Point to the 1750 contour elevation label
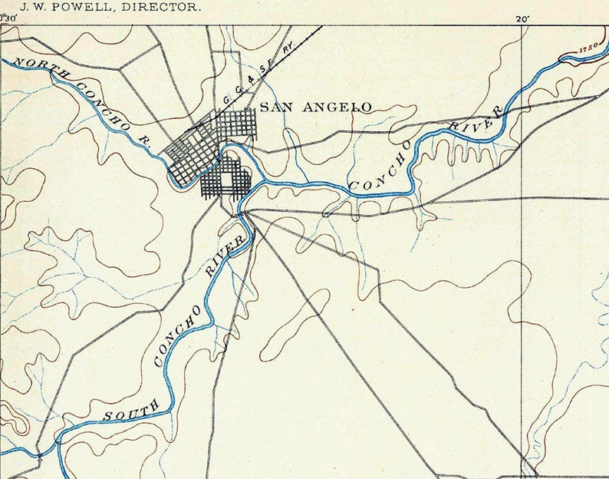(588, 48)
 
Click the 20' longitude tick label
(522, 19)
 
